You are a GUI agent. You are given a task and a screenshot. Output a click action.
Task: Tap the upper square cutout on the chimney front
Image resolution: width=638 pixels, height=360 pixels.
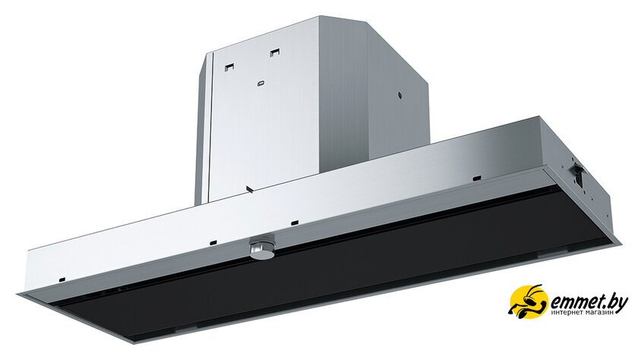pyautogui.click(x=275, y=52)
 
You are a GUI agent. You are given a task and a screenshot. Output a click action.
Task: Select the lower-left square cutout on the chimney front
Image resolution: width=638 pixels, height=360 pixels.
pyautogui.click(x=230, y=67)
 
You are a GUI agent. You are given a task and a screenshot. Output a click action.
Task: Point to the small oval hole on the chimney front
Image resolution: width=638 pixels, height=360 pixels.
pyautogui.click(x=261, y=84)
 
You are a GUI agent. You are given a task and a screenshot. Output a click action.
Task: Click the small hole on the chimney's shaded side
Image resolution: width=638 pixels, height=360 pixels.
pyautogui.click(x=400, y=96)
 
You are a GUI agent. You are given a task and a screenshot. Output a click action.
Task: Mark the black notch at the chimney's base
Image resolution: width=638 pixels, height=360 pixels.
pyautogui.click(x=248, y=189)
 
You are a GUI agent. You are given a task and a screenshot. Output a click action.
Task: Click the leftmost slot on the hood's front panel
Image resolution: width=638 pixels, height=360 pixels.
pyautogui.click(x=62, y=279)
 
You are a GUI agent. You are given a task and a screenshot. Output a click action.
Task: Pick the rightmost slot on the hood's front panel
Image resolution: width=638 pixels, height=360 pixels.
pyautogui.click(x=477, y=178)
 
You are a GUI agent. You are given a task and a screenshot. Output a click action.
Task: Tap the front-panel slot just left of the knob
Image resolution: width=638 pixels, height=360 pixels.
pyautogui.click(x=213, y=243)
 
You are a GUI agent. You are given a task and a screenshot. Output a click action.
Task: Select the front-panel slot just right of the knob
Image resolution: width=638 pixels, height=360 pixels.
pyautogui.click(x=295, y=223)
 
